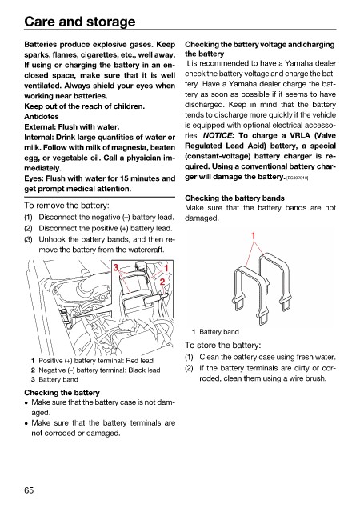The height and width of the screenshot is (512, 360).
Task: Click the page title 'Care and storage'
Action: tap(80, 22)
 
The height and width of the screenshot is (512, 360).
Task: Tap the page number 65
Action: tap(29, 490)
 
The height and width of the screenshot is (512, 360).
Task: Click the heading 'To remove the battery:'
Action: tap(66, 206)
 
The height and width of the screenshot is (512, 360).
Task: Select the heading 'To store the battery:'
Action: tap(222, 345)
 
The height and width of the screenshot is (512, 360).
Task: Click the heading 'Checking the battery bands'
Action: tap(234, 198)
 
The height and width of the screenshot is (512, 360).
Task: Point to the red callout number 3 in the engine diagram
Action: tap(116, 268)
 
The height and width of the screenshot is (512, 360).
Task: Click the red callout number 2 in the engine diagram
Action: tap(162, 282)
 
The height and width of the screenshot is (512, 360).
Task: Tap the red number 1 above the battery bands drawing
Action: tap(253, 235)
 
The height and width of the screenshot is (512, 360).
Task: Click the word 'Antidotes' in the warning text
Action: tap(42, 117)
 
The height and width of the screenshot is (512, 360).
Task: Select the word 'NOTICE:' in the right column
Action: tap(218, 135)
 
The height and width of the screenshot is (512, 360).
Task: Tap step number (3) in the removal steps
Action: tap(29, 239)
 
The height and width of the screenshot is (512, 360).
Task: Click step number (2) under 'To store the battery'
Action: tap(189, 368)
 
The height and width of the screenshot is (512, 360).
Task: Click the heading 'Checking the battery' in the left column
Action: tap(62, 393)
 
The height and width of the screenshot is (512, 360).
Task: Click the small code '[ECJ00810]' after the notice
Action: tap(298, 178)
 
